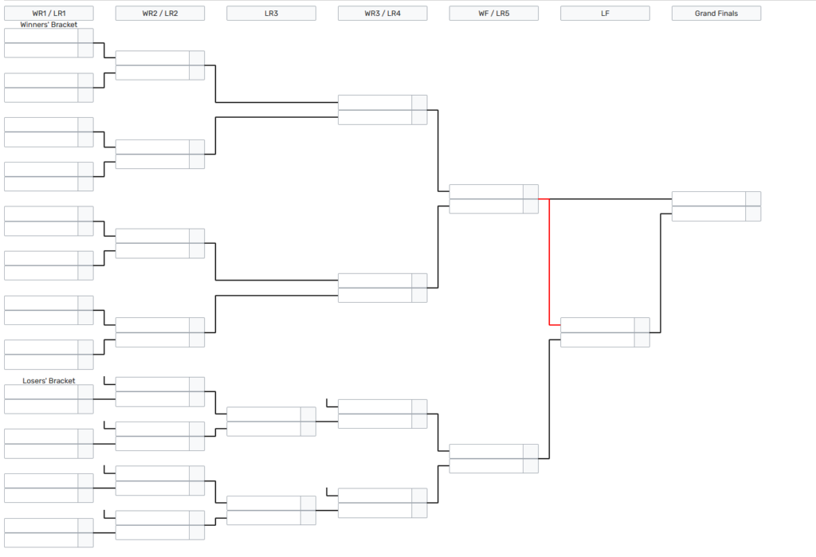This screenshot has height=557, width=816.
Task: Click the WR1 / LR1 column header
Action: click(x=49, y=14)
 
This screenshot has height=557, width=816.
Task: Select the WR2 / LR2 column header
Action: click(x=159, y=14)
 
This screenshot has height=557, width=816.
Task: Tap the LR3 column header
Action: click(x=271, y=14)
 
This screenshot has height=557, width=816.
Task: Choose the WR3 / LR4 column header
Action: click(x=382, y=14)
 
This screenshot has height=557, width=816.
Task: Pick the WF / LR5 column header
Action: click(x=493, y=14)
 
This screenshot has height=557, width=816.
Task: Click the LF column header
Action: click(x=605, y=14)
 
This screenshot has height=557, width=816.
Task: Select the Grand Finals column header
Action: click(x=716, y=14)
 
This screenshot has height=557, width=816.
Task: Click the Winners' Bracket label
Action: click(x=49, y=25)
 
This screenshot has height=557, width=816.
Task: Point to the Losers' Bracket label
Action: click(x=49, y=381)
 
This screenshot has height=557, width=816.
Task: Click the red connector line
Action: click(x=549, y=263)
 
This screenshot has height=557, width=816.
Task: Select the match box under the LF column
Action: click(x=598, y=332)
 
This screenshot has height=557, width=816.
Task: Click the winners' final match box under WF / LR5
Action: click(x=486, y=199)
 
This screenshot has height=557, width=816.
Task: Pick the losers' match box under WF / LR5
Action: click(x=486, y=458)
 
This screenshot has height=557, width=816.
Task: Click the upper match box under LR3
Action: click(x=264, y=422)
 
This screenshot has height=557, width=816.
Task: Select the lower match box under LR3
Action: click(x=264, y=510)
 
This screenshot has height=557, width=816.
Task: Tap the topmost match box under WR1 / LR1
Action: click(x=41, y=44)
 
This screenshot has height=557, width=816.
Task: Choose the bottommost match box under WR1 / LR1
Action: click(x=41, y=533)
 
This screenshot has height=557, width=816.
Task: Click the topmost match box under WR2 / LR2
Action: click(x=152, y=65)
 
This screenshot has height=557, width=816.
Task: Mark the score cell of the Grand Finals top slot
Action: click(x=753, y=199)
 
